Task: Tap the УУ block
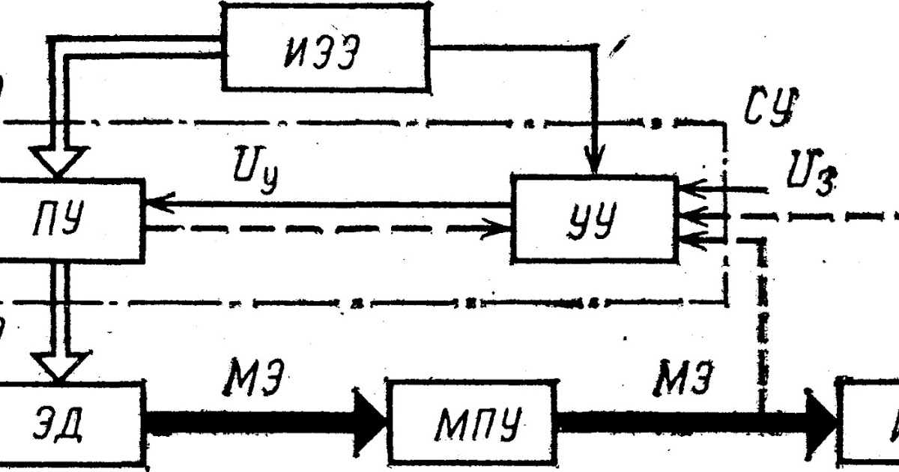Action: point(595,217)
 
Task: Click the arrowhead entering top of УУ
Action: point(595,165)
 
